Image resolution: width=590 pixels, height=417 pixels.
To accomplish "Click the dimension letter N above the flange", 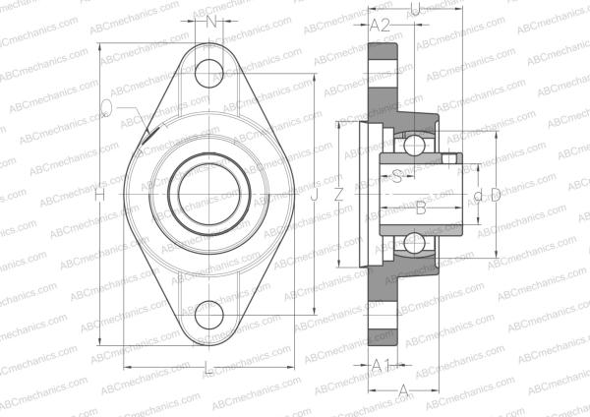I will click(x=210, y=23).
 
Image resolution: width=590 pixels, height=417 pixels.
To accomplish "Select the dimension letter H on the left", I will click(x=99, y=196).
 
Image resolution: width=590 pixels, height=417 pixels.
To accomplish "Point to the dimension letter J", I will click(x=314, y=196).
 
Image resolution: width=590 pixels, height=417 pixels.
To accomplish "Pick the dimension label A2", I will click(x=381, y=24).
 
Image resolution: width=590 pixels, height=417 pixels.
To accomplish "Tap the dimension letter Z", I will click(x=339, y=195).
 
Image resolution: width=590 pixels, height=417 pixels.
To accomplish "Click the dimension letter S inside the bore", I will click(x=397, y=177).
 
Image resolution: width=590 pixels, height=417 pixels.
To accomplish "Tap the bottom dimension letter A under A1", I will click(x=403, y=390).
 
